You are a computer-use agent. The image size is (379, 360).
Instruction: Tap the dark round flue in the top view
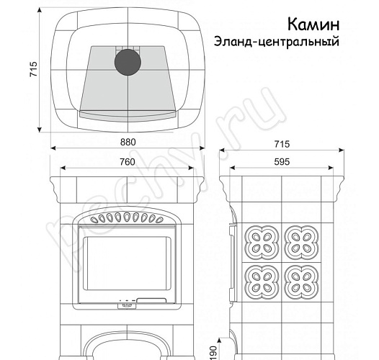(127, 62)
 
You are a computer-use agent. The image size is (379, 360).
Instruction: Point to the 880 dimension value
(127, 142)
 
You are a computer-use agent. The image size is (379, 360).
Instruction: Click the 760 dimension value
(127, 162)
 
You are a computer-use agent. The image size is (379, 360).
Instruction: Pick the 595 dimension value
(282, 162)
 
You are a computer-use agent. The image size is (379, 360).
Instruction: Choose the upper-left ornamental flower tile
(259, 240)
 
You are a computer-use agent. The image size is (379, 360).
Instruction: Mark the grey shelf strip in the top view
(127, 114)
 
